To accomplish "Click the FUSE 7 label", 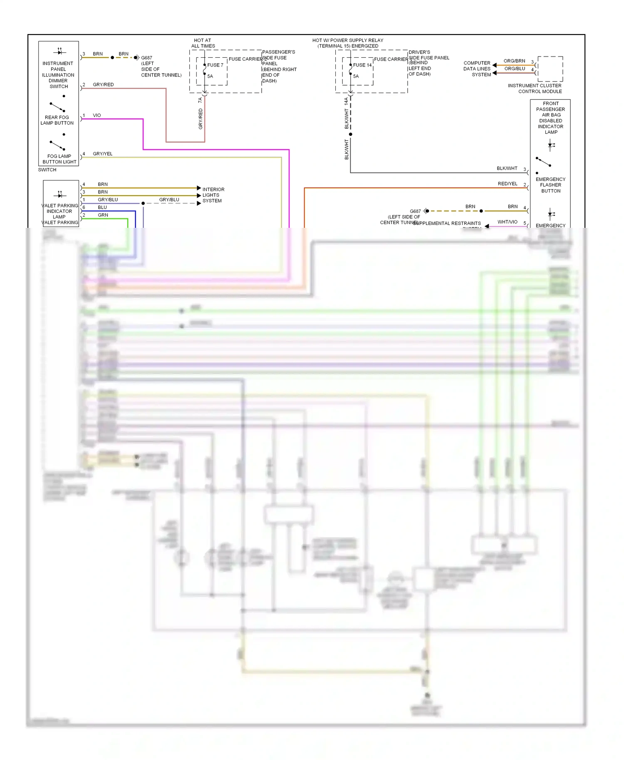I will [x=215, y=65].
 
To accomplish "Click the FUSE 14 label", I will [x=362, y=65].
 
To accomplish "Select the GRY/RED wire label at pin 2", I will [x=103, y=84].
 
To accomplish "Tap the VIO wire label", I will [x=97, y=115].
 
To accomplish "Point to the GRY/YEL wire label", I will [x=102, y=153].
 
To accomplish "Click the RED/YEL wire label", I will [x=507, y=183].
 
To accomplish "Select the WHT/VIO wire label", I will [x=507, y=222].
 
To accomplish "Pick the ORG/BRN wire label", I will [x=514, y=61].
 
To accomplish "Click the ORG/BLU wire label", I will [x=514, y=69].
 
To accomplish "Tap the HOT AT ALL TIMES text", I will [x=203, y=43].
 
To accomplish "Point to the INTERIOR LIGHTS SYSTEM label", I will [x=213, y=195].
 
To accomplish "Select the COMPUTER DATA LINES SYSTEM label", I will [x=477, y=69].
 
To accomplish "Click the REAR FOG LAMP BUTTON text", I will [x=57, y=120].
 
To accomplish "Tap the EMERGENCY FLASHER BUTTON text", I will [x=550, y=185].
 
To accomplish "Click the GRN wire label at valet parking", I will [x=103, y=215].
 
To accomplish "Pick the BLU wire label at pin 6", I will [x=102, y=207].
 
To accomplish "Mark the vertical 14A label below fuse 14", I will [x=346, y=101].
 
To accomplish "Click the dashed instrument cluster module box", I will [x=550, y=69].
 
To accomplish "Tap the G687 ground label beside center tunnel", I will [x=146, y=58].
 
